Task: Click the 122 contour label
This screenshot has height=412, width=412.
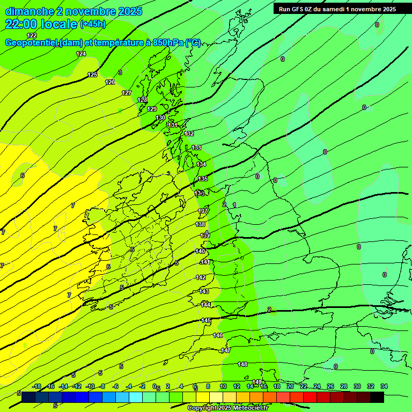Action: pos(32,35)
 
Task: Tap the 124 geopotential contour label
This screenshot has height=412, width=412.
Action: pos(81,54)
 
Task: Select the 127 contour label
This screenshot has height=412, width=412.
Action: pos(127,93)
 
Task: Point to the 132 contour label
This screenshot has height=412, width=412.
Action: pos(189,134)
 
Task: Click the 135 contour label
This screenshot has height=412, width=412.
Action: pos(203,179)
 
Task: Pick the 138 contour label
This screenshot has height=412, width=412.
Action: pos(201,224)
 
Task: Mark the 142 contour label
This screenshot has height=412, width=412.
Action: pos(201,277)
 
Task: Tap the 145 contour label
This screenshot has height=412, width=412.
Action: pos(206,320)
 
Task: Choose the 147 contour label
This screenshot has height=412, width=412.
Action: pos(226,350)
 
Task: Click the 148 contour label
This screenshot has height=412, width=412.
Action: pos(242,364)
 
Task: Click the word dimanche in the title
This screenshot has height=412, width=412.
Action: pos(30,11)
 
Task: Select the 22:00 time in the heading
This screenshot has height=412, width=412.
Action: pos(23,24)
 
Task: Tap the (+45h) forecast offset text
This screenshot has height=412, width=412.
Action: pos(93,24)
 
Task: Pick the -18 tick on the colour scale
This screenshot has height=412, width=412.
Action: pos(36,387)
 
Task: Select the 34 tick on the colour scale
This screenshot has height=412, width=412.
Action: pos(384,387)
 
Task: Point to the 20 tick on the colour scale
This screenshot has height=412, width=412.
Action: pos(290,387)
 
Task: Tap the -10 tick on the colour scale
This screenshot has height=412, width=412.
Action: pos(90,387)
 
